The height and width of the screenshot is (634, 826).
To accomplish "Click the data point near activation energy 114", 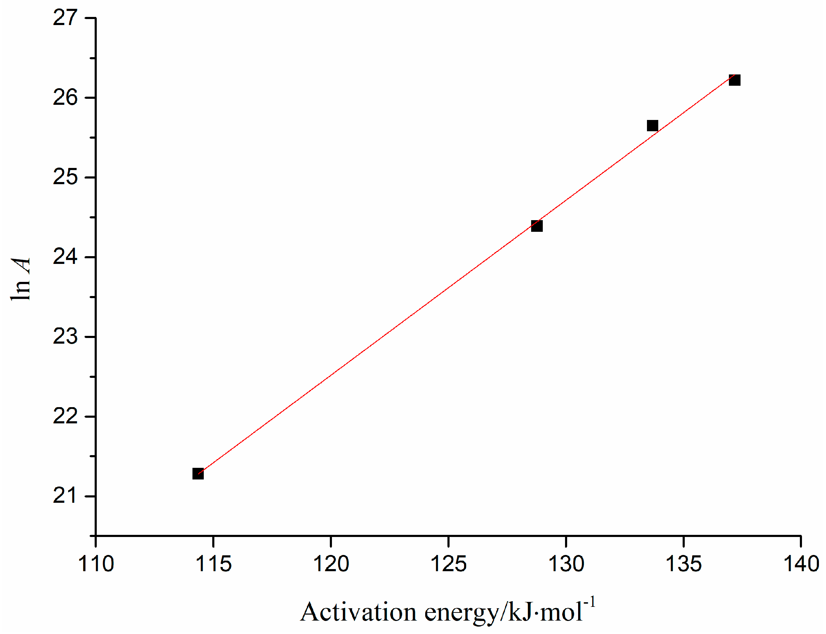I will [x=198, y=473].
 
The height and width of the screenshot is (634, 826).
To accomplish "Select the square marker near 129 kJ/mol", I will [x=537, y=226].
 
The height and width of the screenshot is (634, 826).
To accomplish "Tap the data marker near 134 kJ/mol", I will [x=652, y=126].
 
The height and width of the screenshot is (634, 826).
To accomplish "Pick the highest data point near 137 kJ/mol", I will [x=734, y=80].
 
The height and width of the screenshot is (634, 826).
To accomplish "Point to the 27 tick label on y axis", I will [x=65, y=18].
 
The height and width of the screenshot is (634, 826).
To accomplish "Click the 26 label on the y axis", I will [x=65, y=97].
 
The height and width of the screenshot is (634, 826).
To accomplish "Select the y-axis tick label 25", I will [x=65, y=177].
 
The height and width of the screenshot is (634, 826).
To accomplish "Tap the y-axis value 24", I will [x=65, y=257].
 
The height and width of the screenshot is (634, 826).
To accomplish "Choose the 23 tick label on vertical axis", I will [x=65, y=336].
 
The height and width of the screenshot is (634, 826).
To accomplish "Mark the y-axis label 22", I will [x=65, y=416].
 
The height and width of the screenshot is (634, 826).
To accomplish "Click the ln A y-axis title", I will [x=20, y=279].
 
